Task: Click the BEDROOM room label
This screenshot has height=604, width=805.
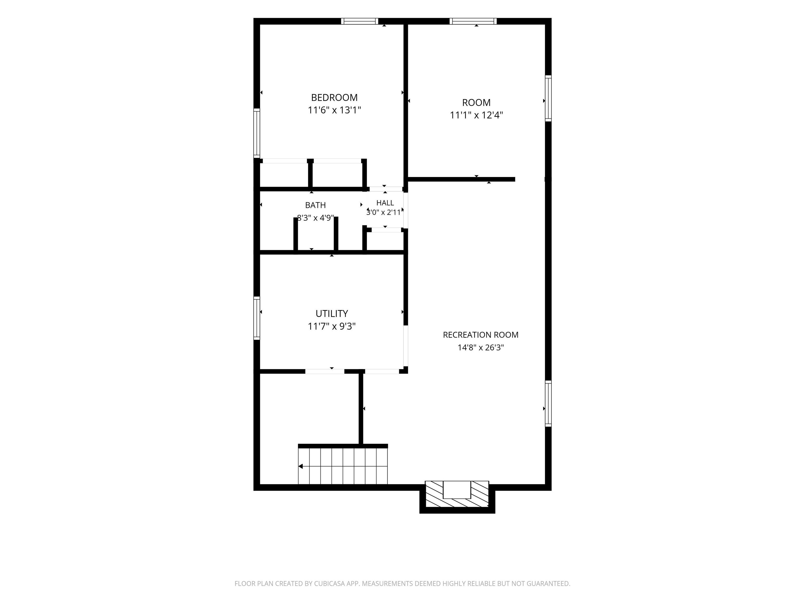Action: pyautogui.click(x=334, y=98)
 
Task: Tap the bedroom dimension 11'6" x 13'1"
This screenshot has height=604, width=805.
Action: pyautogui.click(x=334, y=110)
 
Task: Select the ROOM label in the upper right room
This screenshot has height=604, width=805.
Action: pyautogui.click(x=476, y=103)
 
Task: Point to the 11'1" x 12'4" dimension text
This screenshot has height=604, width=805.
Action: pyautogui.click(x=476, y=115)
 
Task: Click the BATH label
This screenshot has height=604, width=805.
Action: pyautogui.click(x=315, y=205)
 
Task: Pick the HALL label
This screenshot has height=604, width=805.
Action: pyautogui.click(x=385, y=203)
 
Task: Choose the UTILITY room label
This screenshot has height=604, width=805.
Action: pyautogui.click(x=331, y=314)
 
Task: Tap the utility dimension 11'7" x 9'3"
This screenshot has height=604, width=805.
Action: pyautogui.click(x=331, y=326)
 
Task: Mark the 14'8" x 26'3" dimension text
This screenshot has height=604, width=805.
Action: pyautogui.click(x=480, y=348)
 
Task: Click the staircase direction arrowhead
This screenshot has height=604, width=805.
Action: pyautogui.click(x=301, y=466)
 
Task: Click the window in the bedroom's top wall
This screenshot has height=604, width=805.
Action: pyautogui.click(x=360, y=21)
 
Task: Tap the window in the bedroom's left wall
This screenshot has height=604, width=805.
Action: pyautogui.click(x=257, y=133)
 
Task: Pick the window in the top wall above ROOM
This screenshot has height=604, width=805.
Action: pyautogui.click(x=473, y=21)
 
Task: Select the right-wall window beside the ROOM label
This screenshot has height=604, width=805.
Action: pyautogui.click(x=548, y=98)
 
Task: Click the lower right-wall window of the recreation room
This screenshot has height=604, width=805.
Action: pyautogui.click(x=548, y=403)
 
